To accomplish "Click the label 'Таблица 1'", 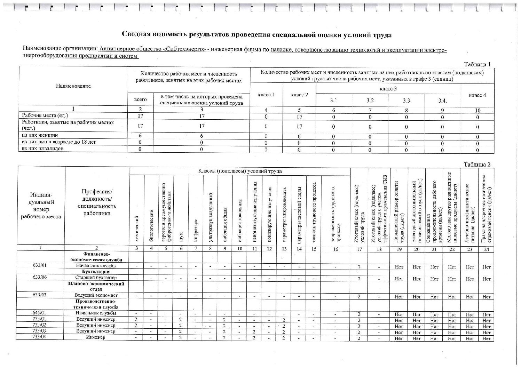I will tap(477, 64).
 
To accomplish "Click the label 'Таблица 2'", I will tap(477, 165).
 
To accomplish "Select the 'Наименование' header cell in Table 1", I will tap(73, 86).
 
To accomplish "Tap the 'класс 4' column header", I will tap(477, 95).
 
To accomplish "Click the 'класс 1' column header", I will tap(266, 95).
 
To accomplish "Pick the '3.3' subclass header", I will tap(406, 101).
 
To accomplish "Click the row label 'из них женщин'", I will tap(40, 135).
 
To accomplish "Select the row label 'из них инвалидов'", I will tap(42, 149).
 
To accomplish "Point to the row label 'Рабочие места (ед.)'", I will tap(45, 115).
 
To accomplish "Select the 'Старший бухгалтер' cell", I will tap(96, 278).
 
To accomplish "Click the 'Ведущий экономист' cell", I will tap(96, 295).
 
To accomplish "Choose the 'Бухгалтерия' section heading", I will tap(96, 272).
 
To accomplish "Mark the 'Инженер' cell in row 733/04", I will tap(96, 337).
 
